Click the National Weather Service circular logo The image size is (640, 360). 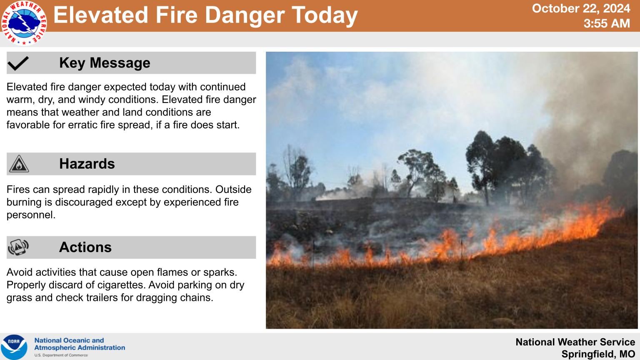pos(24,23)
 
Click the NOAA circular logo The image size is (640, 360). pos(14,347)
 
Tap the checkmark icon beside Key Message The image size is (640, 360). pos(18,63)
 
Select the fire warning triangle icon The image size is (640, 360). pos(19,164)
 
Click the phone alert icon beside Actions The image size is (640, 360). pos(18,247)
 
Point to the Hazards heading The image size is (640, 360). pos(87,164)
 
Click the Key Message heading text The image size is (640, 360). pos(105,63)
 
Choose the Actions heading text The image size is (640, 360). pos(85,247)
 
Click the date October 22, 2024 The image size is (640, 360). pos(581,9)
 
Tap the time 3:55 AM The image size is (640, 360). pos(607,23)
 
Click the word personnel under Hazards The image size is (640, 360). pos(31,215)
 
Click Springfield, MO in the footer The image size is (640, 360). pos(598,354)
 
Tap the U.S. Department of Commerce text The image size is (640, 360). pos(61,355)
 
